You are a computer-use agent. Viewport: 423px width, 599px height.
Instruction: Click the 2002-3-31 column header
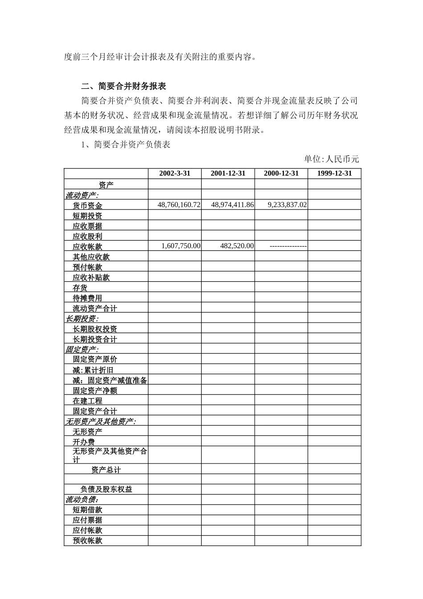pyautogui.click(x=175, y=173)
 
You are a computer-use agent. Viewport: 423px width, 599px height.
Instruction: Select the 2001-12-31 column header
pyautogui.click(x=228, y=173)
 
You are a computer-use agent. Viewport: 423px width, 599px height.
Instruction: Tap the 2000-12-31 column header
pyautogui.click(x=281, y=173)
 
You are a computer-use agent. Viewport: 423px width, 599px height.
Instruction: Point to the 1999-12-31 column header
pyautogui.click(x=334, y=173)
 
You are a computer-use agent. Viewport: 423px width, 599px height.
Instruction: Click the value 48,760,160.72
pyautogui.click(x=179, y=205)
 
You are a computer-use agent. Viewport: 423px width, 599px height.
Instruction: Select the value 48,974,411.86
pyautogui.click(x=232, y=205)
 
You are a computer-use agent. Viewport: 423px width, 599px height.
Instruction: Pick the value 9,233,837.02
pyautogui.click(x=287, y=205)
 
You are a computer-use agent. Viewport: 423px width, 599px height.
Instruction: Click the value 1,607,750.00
pyautogui.click(x=181, y=246)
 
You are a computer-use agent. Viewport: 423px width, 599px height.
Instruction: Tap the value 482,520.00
pyautogui.click(x=237, y=246)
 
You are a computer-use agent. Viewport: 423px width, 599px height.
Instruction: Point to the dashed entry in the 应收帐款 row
pyautogui.click(x=288, y=246)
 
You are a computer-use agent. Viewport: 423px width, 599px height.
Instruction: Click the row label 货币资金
pyautogui.click(x=87, y=205)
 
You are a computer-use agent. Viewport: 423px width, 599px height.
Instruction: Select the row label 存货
pyautogui.click(x=80, y=288)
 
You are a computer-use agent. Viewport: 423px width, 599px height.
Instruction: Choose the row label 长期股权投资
pyautogui.click(x=95, y=329)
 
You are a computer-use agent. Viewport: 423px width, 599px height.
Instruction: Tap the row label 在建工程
pyautogui.click(x=87, y=401)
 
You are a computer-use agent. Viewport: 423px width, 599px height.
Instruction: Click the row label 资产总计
pyautogui.click(x=106, y=470)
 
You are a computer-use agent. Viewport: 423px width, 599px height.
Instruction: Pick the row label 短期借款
pyautogui.click(x=87, y=510)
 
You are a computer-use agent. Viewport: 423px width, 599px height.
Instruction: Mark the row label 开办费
pyautogui.click(x=84, y=442)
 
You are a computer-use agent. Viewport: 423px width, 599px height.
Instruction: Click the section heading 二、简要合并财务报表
pyautogui.click(x=124, y=86)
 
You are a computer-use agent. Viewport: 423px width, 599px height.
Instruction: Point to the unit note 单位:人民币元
pyautogui.click(x=332, y=159)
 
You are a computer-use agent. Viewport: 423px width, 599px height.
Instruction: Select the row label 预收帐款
pyautogui.click(x=87, y=541)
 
